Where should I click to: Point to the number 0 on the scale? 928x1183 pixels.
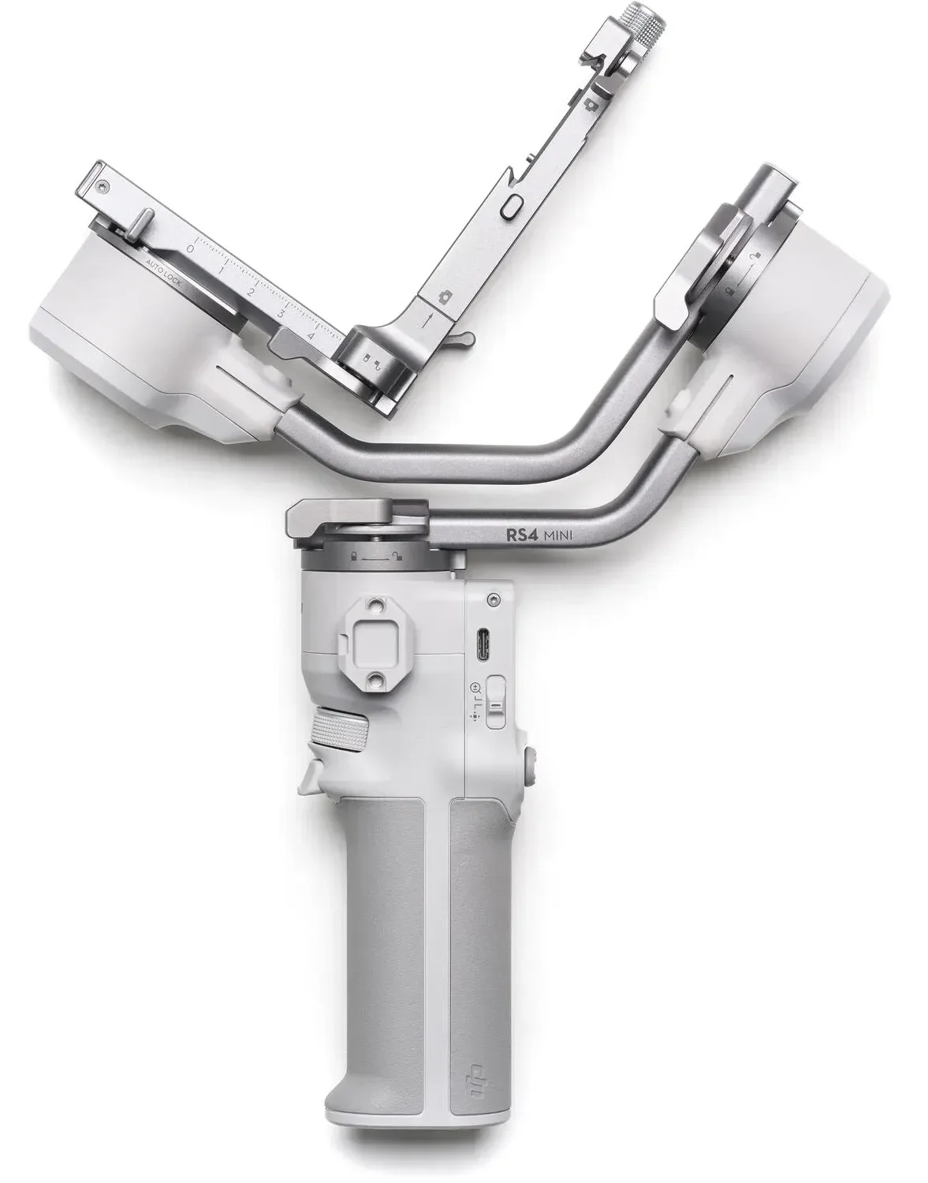tap(189, 248)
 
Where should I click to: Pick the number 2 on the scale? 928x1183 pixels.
tap(251, 292)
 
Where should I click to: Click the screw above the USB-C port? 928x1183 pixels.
tap(494, 599)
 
